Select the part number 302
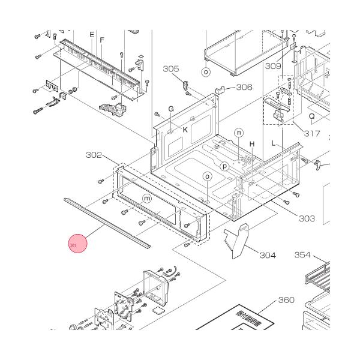tap(94, 155)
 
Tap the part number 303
tap(307, 218)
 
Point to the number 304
tap(268, 255)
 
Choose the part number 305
tap(171, 69)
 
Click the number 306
tap(244, 88)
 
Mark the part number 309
tap(274, 65)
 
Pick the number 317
tap(311, 133)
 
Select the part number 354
tap(302, 255)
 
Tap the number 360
tap(286, 299)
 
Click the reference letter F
tap(102, 40)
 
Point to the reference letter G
tap(170, 109)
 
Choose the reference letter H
tap(253, 144)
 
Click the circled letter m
tap(147, 199)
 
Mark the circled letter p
tap(225, 166)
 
